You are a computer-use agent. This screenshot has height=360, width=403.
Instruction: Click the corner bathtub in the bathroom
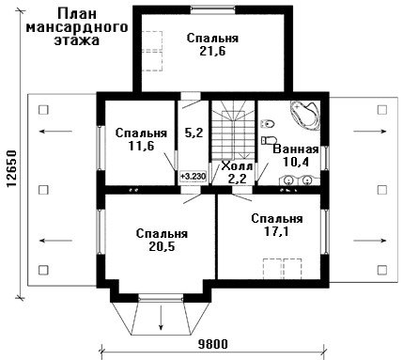[305, 115]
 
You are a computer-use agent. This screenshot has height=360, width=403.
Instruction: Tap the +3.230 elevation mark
[193, 177]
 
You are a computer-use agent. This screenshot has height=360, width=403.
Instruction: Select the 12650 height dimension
[11, 169]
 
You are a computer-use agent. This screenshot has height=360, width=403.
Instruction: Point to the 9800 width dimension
[213, 344]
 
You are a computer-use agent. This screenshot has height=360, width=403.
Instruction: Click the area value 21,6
[212, 51]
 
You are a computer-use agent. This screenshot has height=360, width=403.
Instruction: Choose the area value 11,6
[141, 146]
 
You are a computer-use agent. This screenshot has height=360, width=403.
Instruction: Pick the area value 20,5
[162, 247]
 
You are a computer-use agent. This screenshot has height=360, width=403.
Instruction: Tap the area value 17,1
[276, 231]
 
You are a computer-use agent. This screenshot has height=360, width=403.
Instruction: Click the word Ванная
[296, 149]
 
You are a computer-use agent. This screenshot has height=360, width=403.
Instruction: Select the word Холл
[237, 166]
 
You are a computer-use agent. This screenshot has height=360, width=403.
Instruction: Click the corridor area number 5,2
[194, 133]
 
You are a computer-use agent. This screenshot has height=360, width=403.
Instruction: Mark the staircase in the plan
[233, 131]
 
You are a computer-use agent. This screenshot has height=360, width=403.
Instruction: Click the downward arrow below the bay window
[161, 317]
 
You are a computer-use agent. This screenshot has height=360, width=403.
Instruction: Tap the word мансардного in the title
[77, 27]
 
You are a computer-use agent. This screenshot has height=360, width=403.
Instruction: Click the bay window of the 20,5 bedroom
[161, 298]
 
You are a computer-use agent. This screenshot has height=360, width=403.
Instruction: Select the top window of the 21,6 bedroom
[213, 9]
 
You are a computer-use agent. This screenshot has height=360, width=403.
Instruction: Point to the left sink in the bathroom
[288, 180]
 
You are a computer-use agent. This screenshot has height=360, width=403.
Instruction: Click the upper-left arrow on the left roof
[56, 132]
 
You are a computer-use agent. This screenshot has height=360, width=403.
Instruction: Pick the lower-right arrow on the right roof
[370, 241]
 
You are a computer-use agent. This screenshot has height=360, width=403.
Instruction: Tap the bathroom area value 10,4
[296, 162]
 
